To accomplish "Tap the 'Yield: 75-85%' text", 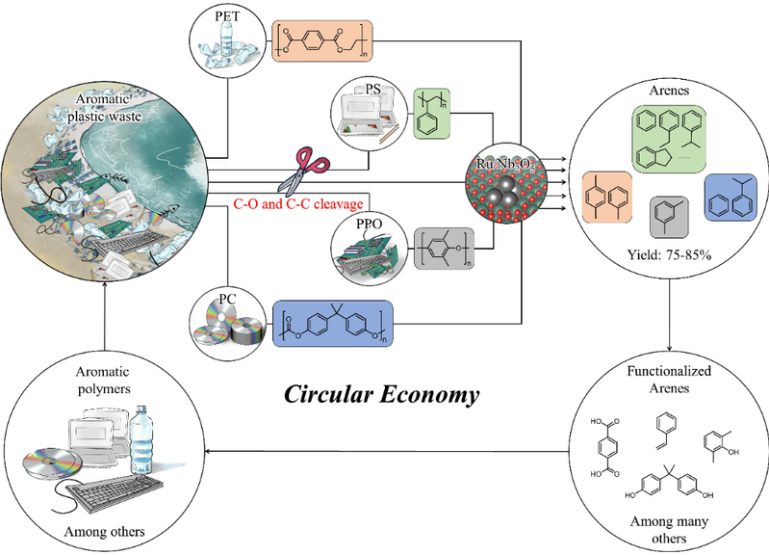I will [668, 253].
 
